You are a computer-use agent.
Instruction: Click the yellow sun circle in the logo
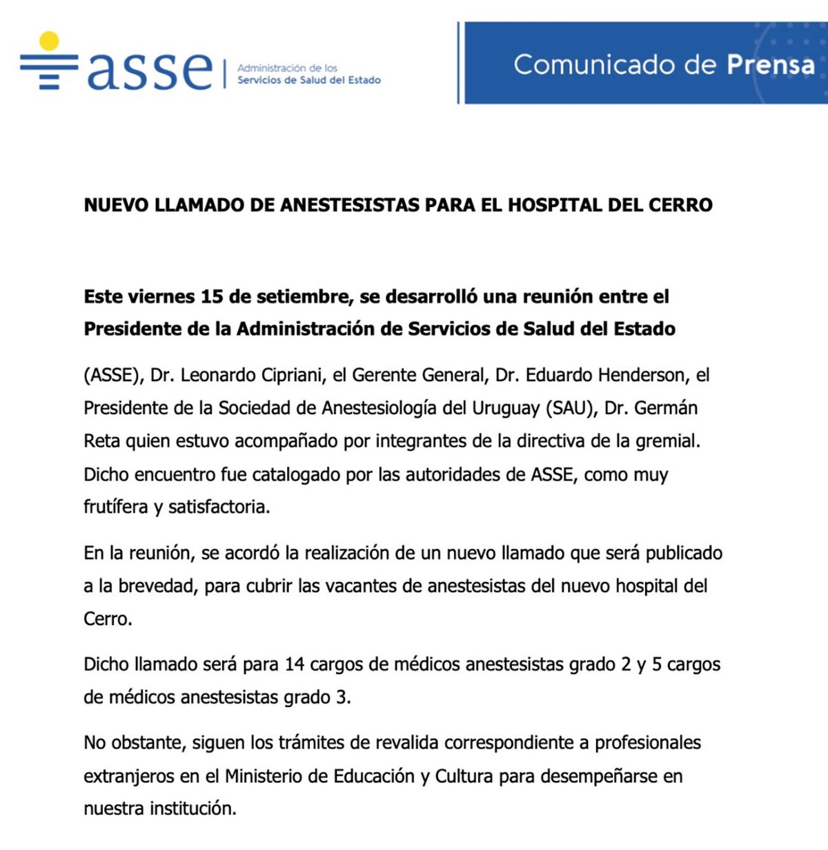tap(49, 41)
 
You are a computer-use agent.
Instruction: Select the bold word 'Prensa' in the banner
tap(770, 64)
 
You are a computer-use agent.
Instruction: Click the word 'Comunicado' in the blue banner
tap(594, 64)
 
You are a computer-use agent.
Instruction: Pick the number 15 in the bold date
tap(212, 297)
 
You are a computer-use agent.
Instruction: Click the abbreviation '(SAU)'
tap(571, 408)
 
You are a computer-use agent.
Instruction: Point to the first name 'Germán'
tap(666, 408)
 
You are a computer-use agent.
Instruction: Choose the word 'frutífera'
tap(115, 507)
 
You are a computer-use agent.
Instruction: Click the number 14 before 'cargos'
tap(295, 664)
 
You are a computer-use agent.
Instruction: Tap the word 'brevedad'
tap(157, 586)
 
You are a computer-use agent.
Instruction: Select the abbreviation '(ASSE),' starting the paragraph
tap(113, 375)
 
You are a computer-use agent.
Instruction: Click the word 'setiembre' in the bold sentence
tap(304, 297)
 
